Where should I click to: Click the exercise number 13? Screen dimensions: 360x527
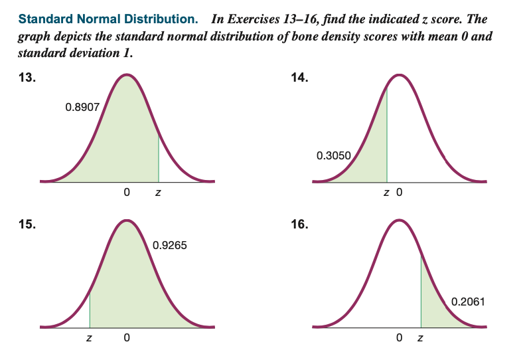click(x=27, y=78)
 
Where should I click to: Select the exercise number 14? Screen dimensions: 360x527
click(x=299, y=78)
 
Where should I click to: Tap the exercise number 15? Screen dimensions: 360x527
click(x=27, y=224)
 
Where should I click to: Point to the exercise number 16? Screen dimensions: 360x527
click(x=299, y=224)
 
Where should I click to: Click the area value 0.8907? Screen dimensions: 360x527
click(x=82, y=106)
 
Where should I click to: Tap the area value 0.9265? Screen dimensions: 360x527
click(x=169, y=245)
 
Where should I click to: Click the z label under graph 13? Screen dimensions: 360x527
click(x=158, y=194)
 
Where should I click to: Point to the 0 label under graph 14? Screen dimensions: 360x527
click(x=399, y=194)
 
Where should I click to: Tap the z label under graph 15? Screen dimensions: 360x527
click(x=90, y=340)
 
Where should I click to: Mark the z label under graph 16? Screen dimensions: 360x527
click(x=419, y=340)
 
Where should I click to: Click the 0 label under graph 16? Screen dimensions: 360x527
click(x=399, y=340)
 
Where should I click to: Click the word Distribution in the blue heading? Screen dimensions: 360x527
click(x=161, y=19)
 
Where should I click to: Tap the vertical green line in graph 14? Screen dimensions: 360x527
click(x=387, y=139)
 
